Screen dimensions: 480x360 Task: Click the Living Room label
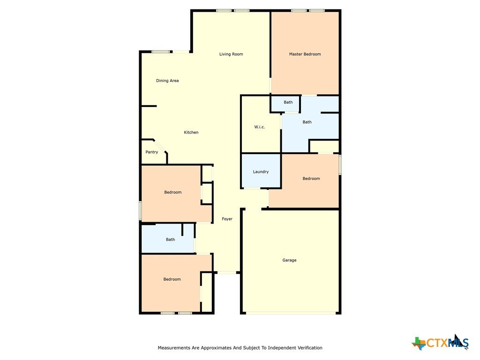pos(231,54)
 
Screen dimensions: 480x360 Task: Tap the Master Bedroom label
pos(305,54)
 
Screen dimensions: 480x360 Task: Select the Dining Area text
pos(167,81)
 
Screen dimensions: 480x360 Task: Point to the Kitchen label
pos(191,133)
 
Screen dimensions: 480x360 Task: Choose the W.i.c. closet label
pos(260,127)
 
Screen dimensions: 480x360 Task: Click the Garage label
pos(289,260)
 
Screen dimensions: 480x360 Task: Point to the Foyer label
pos(227,219)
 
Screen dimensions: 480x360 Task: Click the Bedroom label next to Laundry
pos(311,179)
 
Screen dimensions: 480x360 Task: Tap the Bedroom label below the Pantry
pos(173,192)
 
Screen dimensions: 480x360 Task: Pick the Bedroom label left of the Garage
pos(172,279)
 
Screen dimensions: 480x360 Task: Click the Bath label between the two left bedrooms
pos(171,240)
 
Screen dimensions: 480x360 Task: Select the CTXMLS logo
pos(440,343)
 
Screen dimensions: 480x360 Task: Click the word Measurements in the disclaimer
pos(173,348)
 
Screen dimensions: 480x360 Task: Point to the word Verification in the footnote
pos(309,348)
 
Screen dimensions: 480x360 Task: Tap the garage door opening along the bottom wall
pos(291,313)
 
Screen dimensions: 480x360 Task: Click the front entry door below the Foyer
pos(227,272)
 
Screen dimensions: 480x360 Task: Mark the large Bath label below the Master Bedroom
pos(307,122)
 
